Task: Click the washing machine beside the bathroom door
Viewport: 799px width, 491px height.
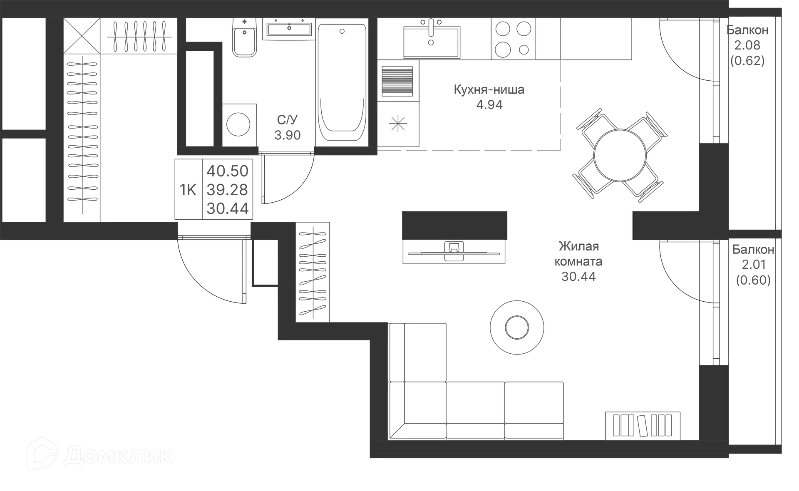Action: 238,124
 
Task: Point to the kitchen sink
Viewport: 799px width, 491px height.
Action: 431,40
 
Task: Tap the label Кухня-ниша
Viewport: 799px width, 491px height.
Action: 489,90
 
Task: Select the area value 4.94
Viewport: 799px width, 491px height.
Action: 489,105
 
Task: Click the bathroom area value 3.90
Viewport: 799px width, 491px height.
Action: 287,135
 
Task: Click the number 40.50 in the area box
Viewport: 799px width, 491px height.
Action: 228,171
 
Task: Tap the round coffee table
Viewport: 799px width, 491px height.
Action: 516,327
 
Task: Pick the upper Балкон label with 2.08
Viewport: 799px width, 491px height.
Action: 747,30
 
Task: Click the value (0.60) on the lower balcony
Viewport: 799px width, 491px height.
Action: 753,280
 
